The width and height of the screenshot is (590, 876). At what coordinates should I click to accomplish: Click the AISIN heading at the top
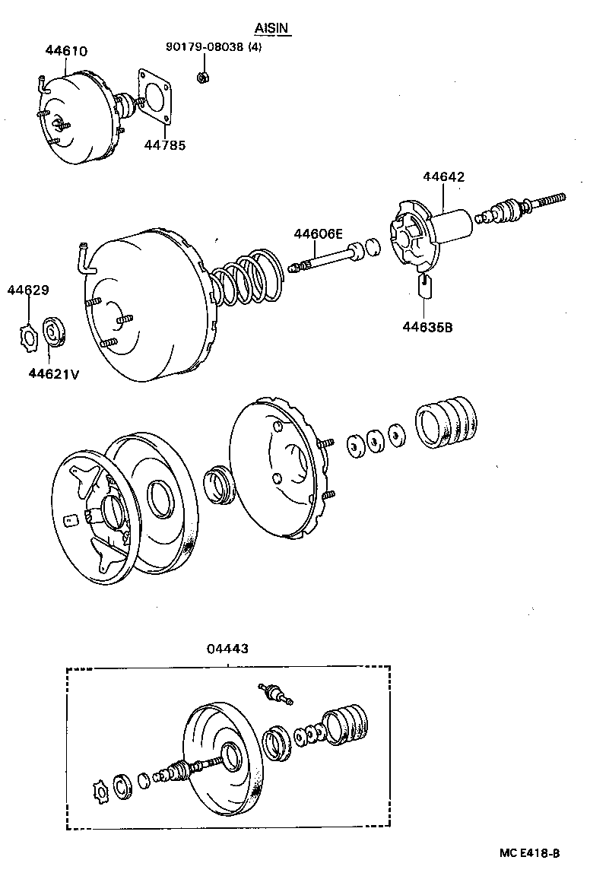tap(273, 29)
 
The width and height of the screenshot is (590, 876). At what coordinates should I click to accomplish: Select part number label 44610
tap(66, 52)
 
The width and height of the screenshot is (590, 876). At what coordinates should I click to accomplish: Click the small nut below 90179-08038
tap(203, 76)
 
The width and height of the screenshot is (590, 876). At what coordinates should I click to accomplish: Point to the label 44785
tap(165, 144)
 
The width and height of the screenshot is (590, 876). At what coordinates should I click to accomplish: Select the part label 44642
tap(443, 177)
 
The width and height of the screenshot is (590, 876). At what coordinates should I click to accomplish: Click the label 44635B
tap(427, 328)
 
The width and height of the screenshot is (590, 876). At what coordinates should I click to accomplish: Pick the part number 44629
tap(28, 290)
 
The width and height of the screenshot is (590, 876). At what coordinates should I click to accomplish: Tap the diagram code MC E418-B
tap(529, 853)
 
